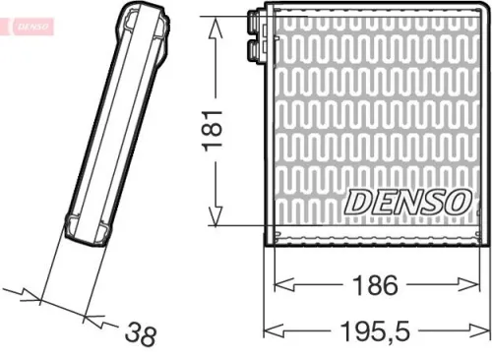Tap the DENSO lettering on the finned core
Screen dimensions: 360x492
405,202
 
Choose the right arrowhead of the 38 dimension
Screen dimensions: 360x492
92,316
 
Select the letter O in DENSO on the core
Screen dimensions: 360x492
455,202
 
